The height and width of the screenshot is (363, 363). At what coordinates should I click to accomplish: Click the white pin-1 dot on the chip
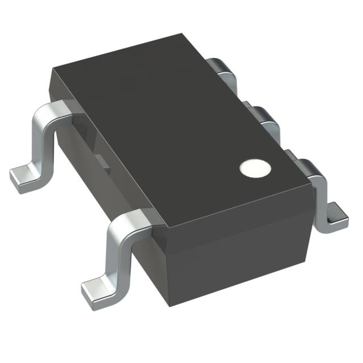(253, 168)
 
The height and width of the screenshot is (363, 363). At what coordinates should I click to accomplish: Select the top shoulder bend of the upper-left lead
(54, 110)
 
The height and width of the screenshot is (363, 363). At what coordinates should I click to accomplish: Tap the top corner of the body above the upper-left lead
(52, 69)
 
